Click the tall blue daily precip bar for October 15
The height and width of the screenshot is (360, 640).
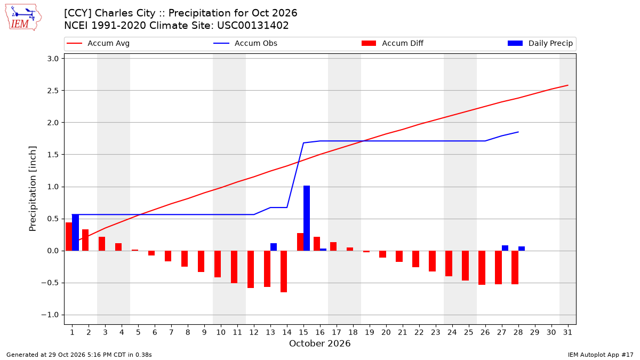pos(307,218)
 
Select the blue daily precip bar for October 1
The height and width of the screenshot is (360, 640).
pos(75,233)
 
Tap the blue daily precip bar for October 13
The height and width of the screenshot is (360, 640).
pos(274,247)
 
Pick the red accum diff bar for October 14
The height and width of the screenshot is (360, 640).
pos(284,271)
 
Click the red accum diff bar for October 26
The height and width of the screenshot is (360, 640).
pos(482,268)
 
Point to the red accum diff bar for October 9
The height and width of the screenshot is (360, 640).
pos(201,261)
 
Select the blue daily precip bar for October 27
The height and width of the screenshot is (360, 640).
pos(505,248)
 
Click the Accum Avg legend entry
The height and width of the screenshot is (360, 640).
pos(98,43)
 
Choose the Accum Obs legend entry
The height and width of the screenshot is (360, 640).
pos(245,43)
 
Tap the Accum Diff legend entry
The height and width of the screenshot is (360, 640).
pos(393,43)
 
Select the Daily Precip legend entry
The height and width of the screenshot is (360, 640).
pos(540,43)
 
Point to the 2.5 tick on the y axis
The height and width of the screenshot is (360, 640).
pos(53,91)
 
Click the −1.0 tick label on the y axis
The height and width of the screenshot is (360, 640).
pos(50,315)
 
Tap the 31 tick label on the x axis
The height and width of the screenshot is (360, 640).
pos(567,332)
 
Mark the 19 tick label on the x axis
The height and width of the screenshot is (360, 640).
pos(370,332)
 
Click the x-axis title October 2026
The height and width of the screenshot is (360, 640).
pos(319,343)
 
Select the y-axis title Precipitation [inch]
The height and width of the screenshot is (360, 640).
pos(33,189)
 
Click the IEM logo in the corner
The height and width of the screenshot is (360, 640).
pos(23,17)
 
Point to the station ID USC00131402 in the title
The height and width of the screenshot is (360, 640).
pos(253,26)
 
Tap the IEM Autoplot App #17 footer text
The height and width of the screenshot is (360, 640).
pos(601,355)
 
